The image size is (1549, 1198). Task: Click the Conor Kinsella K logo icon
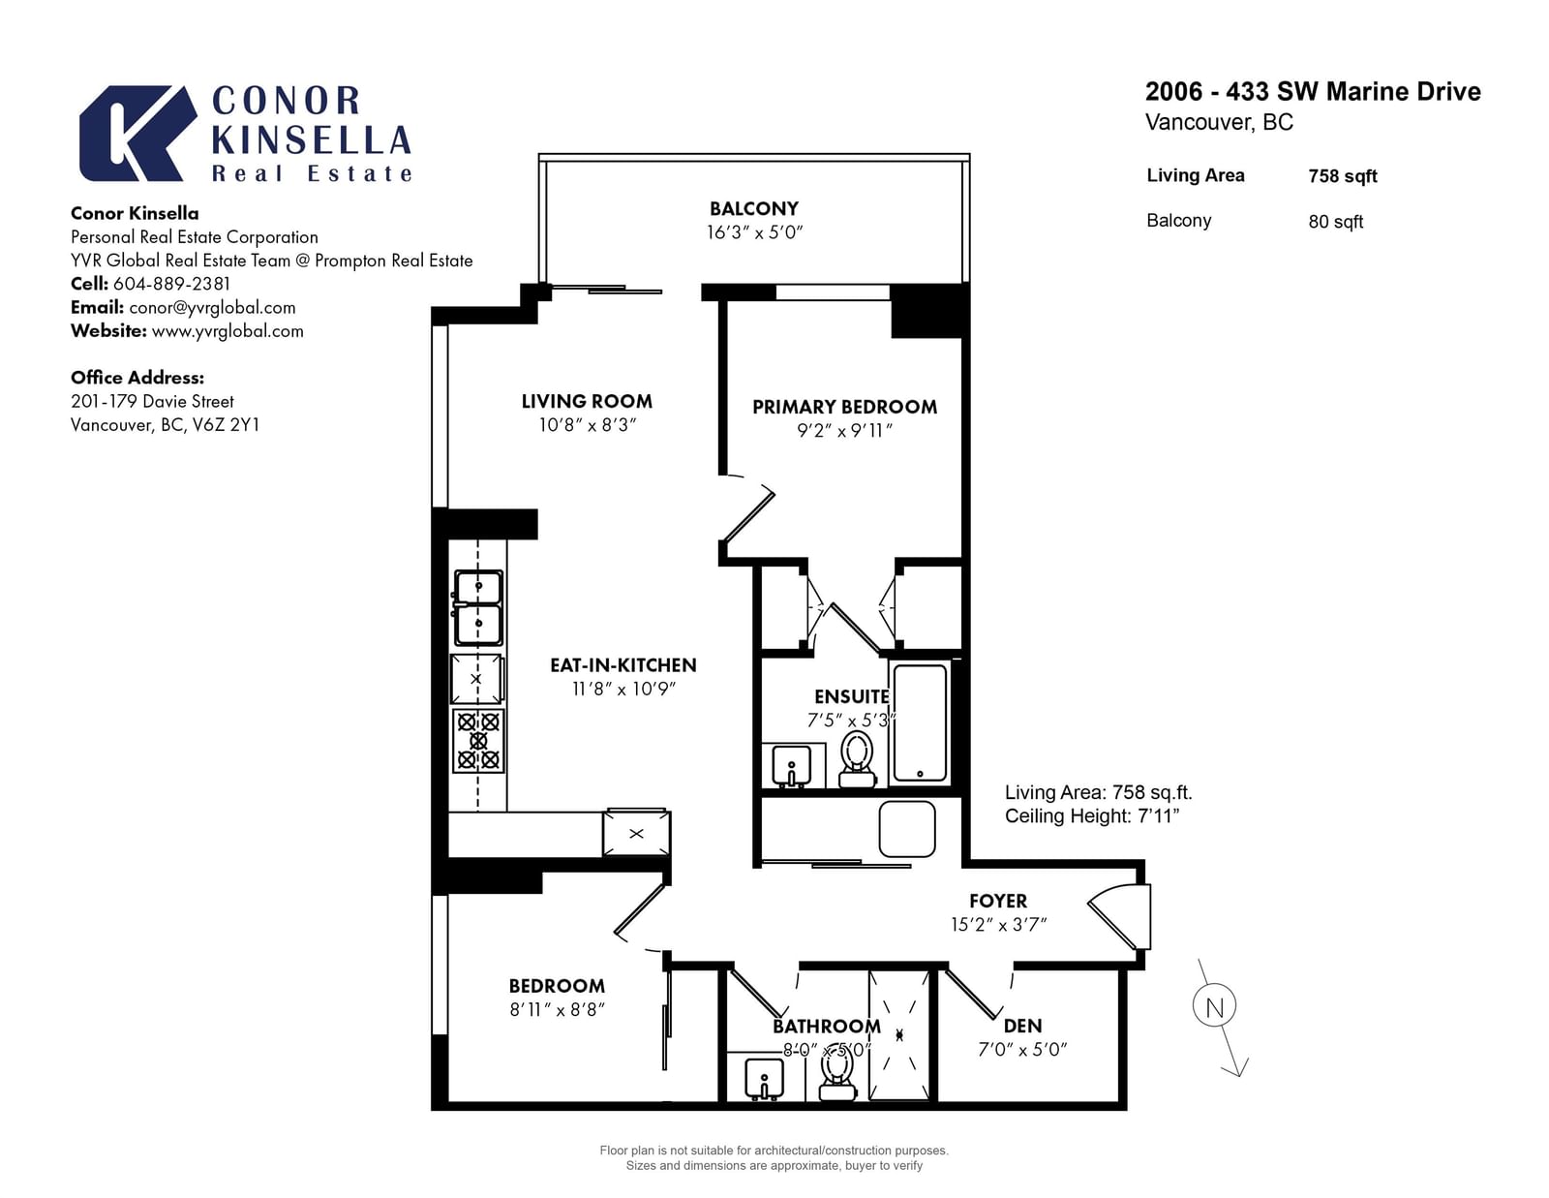[x=137, y=133]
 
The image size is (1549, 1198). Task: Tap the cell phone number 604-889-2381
[x=171, y=284]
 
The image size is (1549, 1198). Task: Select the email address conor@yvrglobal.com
[x=212, y=307]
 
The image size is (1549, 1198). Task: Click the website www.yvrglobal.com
[x=228, y=331]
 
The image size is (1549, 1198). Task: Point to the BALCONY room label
[x=754, y=209]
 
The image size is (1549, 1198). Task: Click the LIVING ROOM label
[x=587, y=402]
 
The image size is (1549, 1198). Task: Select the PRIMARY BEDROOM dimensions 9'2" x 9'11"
[x=845, y=431]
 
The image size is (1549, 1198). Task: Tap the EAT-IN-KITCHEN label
[x=623, y=665]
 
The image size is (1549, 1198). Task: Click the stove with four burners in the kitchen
[x=478, y=741]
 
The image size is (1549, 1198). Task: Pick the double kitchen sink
[x=478, y=607]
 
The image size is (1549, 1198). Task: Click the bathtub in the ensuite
[x=920, y=723]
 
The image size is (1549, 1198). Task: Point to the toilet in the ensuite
[x=857, y=759]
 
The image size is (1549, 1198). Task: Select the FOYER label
[x=998, y=902]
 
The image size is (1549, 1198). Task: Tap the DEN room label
[x=1023, y=1027]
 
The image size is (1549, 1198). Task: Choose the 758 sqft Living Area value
[x=1342, y=176]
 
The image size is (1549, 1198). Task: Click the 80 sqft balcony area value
[x=1335, y=222]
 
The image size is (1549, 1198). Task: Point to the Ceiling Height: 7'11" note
[x=1092, y=816]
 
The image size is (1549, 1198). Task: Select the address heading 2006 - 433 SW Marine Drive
[x=1313, y=92]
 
